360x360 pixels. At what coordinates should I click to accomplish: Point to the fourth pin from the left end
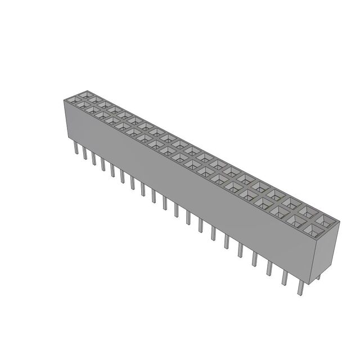[x=103, y=164]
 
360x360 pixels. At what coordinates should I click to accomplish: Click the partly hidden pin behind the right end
[x=318, y=276]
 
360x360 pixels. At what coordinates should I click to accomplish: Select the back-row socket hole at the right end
[x=325, y=219]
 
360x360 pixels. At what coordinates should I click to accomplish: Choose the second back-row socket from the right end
[x=308, y=211]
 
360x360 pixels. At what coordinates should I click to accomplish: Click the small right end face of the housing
[x=330, y=253]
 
